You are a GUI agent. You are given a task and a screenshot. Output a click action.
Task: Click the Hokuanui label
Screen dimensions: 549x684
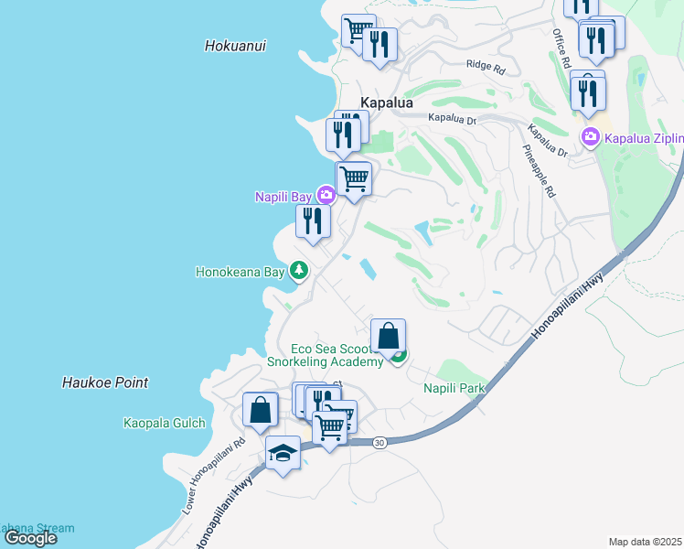point(236,45)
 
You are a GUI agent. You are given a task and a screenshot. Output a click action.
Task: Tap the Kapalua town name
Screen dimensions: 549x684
point(387,103)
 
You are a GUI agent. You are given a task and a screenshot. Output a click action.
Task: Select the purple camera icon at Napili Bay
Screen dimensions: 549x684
point(326,195)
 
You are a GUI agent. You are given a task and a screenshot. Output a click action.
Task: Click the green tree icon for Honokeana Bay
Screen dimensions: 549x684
point(298,271)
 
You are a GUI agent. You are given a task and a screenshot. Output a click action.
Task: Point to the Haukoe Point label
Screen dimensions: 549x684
point(105,382)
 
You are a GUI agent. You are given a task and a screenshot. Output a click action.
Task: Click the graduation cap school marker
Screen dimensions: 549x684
point(283,452)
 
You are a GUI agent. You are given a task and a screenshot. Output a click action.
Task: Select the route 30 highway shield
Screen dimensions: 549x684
point(380,442)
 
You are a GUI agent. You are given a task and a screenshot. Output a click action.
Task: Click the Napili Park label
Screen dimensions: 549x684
point(454,388)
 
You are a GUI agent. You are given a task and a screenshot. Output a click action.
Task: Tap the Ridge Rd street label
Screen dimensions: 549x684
point(485,67)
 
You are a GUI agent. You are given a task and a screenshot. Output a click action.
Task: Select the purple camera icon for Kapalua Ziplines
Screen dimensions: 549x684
point(590,138)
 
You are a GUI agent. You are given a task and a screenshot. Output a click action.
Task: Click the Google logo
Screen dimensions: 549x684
point(30,538)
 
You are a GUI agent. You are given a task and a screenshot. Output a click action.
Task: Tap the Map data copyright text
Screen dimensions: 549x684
point(645,542)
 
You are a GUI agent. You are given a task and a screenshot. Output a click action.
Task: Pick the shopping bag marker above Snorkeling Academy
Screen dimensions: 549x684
point(389,336)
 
